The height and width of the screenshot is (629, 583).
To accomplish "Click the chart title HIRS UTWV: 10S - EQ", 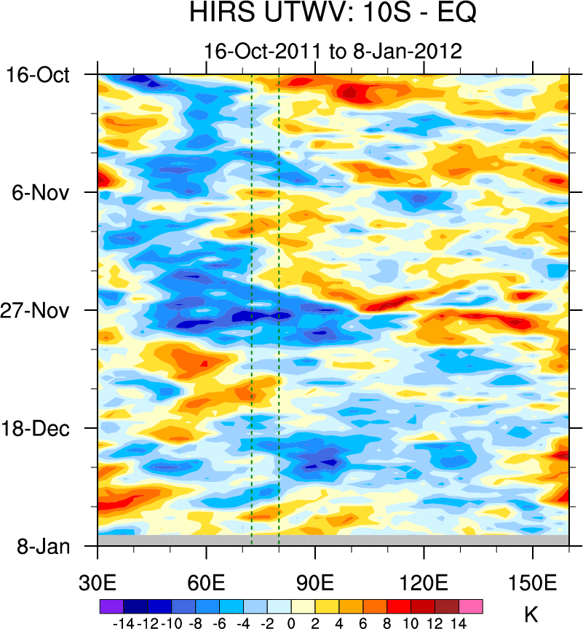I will pos(333,13).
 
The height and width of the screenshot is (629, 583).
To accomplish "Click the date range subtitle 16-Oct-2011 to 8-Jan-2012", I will pos(333,52).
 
